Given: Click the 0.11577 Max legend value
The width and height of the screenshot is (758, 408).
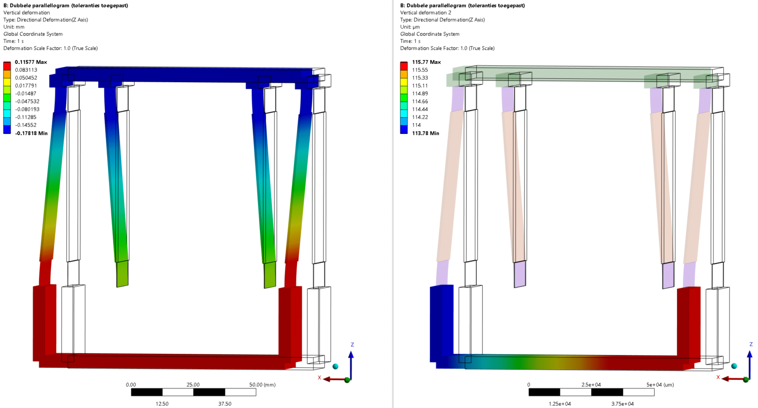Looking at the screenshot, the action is [x=31, y=62].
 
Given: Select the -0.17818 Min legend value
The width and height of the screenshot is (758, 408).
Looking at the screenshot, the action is [x=31, y=133].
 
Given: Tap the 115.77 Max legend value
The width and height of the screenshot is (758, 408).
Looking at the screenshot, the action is [x=426, y=62].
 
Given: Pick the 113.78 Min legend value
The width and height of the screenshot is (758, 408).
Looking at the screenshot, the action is [x=425, y=133].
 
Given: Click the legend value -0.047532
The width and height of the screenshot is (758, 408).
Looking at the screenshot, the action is [x=27, y=101].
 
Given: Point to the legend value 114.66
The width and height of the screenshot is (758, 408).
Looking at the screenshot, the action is [x=420, y=101].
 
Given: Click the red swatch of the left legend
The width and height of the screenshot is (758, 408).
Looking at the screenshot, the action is [x=7, y=66].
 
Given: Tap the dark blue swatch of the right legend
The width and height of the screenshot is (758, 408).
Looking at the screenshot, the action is [x=404, y=129].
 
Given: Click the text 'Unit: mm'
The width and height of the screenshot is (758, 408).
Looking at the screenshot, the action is [x=14, y=27].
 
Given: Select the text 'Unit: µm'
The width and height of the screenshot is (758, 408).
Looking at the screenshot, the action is [x=410, y=27].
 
